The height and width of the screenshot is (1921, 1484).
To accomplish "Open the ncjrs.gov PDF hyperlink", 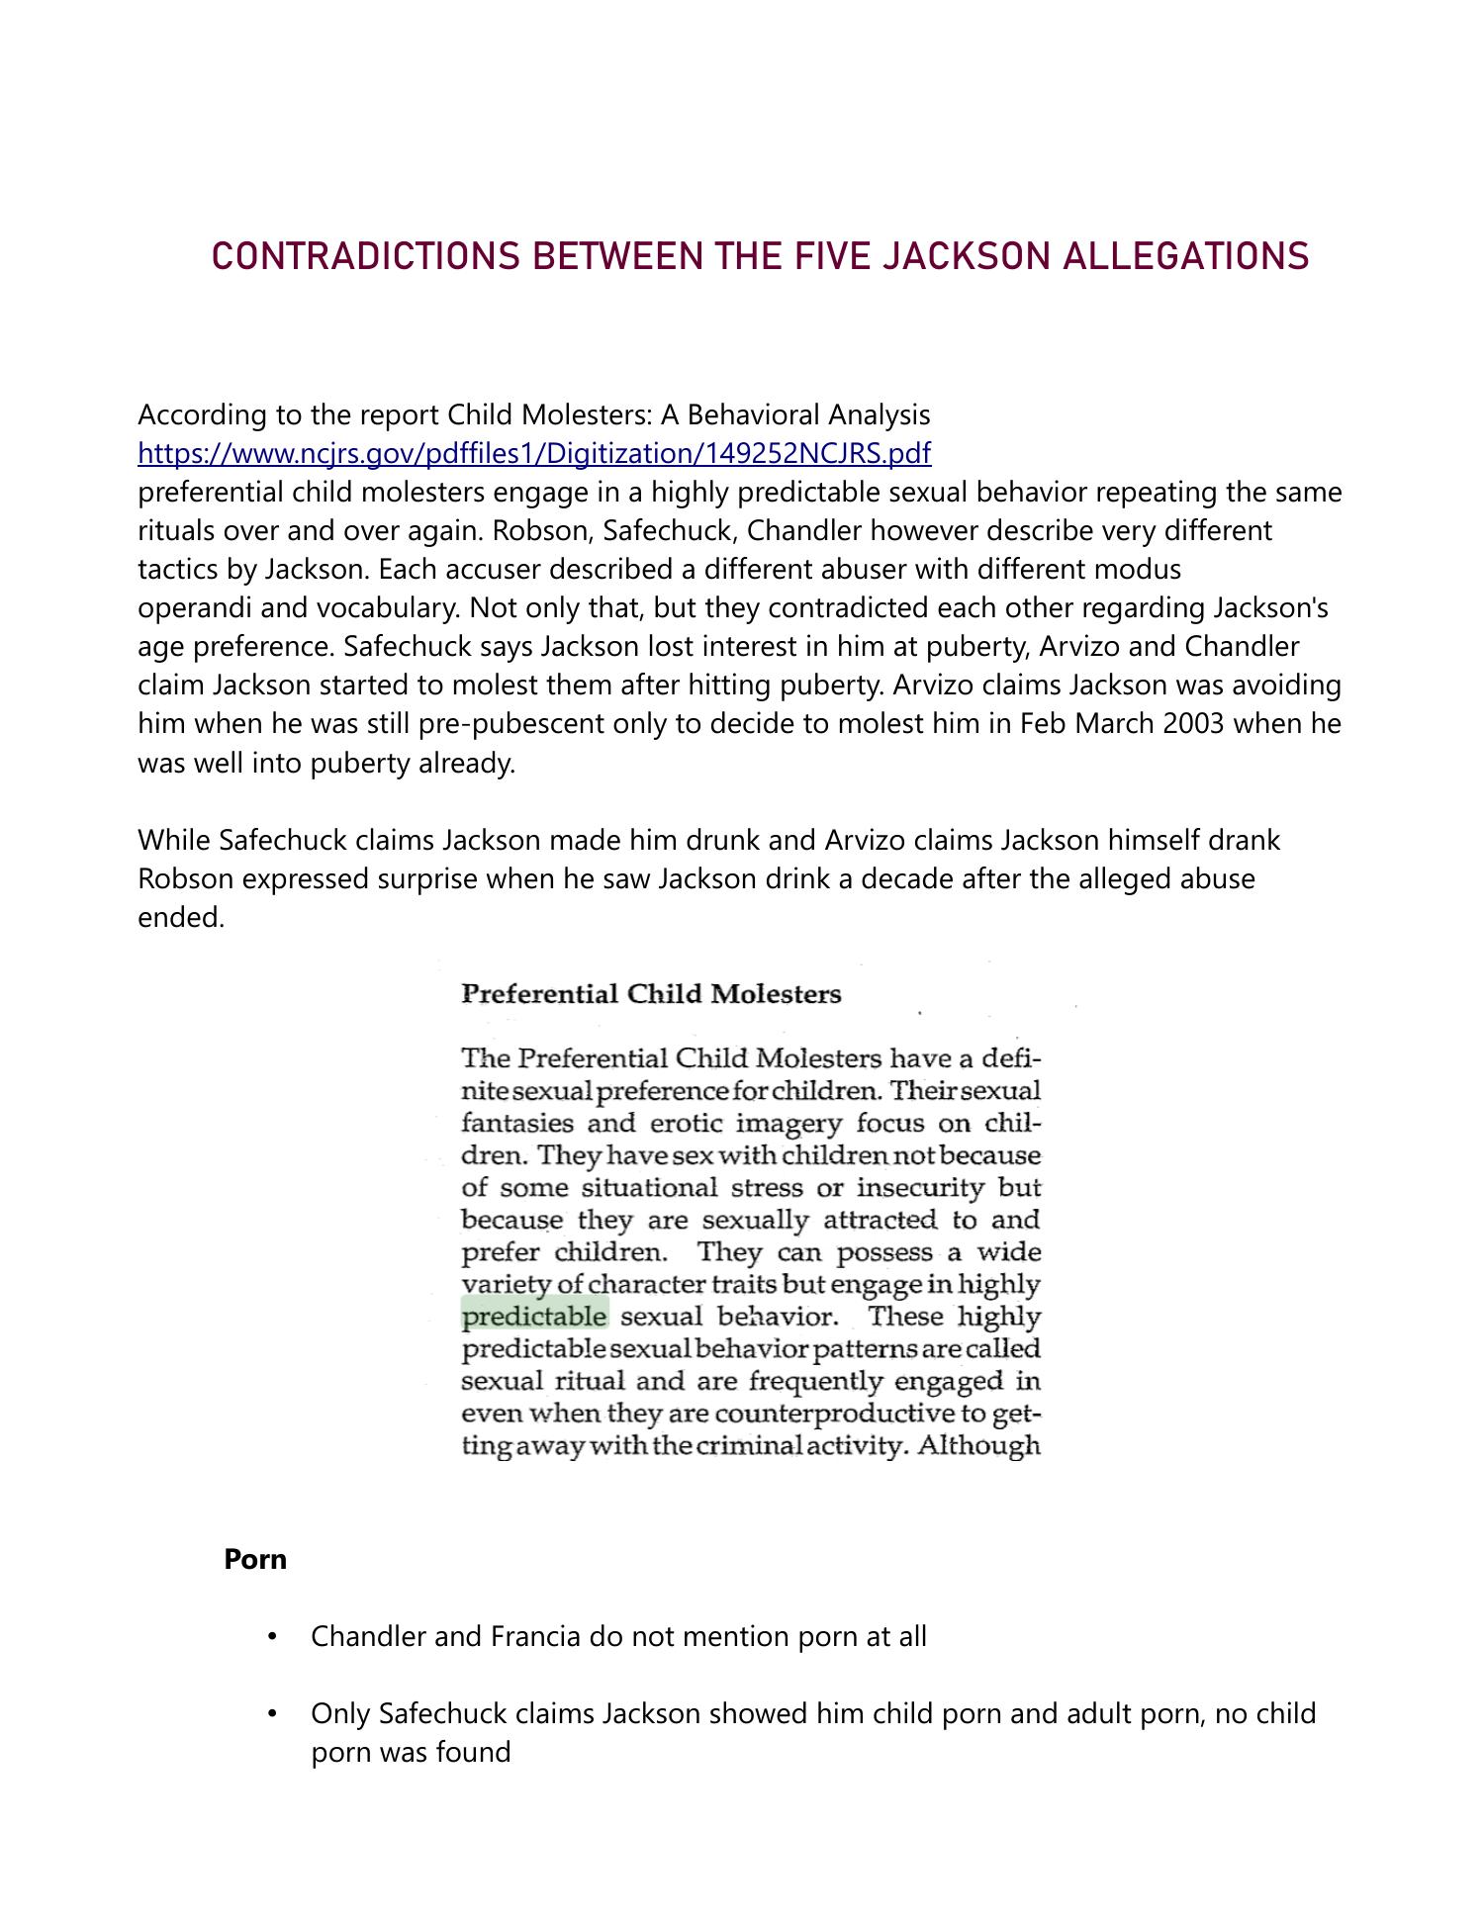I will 534,453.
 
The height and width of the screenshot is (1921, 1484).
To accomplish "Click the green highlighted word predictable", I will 534,1317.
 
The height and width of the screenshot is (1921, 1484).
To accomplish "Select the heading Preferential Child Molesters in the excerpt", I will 651,994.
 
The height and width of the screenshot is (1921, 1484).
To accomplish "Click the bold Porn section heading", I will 255,1560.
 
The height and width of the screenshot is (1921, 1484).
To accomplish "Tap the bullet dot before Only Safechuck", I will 272,1714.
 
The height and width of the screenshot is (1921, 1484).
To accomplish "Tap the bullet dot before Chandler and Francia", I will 272,1637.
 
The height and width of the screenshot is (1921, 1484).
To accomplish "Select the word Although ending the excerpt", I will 978,1445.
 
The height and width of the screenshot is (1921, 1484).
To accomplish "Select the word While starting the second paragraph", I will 174,840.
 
